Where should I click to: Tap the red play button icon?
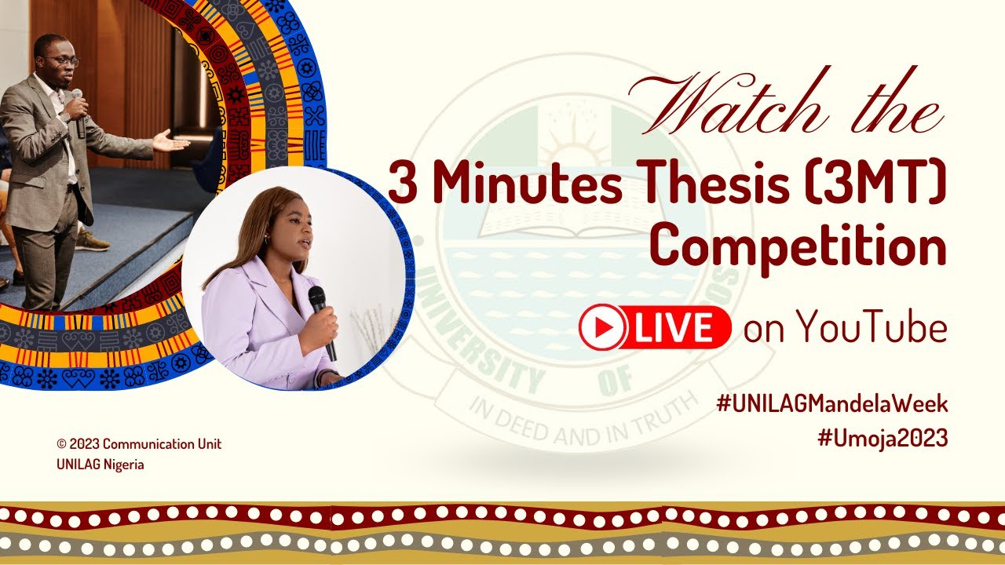point(603,327)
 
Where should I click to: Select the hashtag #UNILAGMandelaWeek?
point(832,405)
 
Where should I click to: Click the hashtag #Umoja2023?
point(883,439)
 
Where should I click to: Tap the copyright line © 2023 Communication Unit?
point(139,444)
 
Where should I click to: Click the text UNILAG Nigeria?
point(100,465)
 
